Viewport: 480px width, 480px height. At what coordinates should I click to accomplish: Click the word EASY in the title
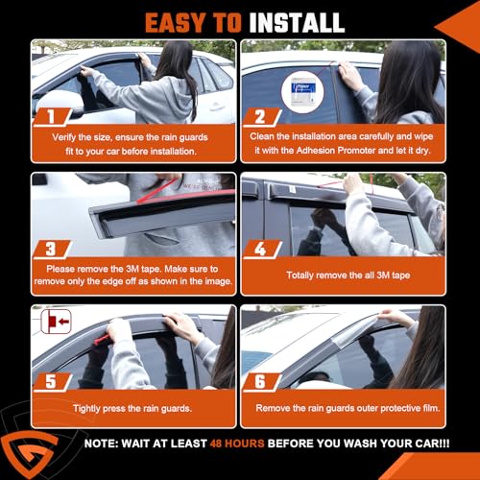(x=175, y=23)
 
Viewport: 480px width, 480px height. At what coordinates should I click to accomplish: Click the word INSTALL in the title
(x=297, y=23)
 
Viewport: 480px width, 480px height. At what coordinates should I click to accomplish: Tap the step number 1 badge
(x=52, y=116)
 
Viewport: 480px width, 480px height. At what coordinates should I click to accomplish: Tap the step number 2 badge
(x=261, y=117)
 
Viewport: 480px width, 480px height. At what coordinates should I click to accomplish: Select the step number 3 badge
(x=52, y=250)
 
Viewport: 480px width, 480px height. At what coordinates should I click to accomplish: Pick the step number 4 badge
(x=261, y=250)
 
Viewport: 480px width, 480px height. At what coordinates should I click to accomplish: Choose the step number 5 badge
(x=52, y=382)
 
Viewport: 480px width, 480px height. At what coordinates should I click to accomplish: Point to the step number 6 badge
(x=261, y=382)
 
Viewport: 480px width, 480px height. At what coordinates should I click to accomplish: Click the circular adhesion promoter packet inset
(x=302, y=92)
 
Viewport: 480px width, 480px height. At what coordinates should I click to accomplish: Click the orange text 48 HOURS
(x=237, y=444)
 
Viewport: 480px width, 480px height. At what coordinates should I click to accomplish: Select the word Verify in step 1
(x=64, y=137)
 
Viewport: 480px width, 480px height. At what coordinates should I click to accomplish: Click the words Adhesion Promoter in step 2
(x=336, y=151)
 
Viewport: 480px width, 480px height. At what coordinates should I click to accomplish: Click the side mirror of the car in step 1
(x=58, y=103)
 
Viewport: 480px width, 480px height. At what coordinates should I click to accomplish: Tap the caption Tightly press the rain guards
(x=132, y=409)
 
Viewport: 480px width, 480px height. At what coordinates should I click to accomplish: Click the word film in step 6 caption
(x=431, y=408)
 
